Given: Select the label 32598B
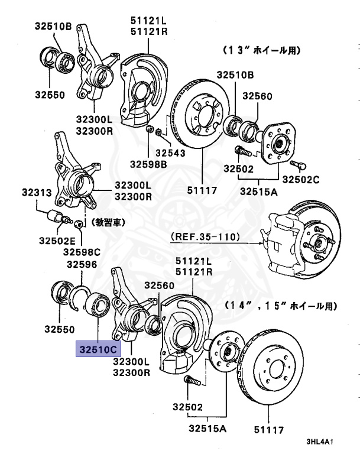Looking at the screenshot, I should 148,163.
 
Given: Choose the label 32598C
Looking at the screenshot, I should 83,252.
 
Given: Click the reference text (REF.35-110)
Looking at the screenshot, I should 205,237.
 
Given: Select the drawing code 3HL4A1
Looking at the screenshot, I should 320,442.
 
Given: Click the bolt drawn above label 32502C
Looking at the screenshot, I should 297,163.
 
